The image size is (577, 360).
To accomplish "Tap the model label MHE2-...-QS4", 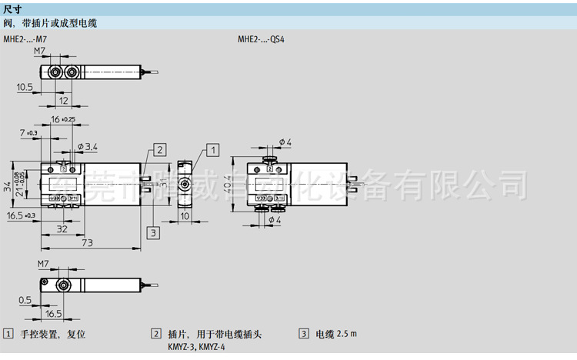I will pos(262,38).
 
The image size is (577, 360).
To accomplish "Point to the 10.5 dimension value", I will pos(24,87).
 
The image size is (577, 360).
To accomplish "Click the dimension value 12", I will pos(64,101).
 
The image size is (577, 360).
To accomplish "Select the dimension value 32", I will pos(62,229).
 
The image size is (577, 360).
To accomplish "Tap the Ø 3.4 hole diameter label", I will pos(88,146).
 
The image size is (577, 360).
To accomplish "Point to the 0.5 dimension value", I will pos(24,299).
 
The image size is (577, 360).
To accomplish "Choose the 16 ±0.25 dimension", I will pos(64,119).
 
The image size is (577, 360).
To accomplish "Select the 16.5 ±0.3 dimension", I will pos(21,216).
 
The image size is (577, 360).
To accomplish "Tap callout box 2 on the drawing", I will pos(158,149).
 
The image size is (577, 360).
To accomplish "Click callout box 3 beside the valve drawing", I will pos(153,232).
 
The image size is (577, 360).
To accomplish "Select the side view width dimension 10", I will pos(185,216).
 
